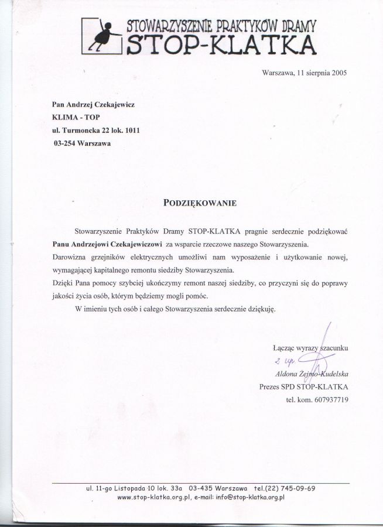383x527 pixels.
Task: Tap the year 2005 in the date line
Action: [337, 74]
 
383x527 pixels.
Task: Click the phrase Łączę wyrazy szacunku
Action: [310, 348]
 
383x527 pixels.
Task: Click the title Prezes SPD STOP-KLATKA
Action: [303, 386]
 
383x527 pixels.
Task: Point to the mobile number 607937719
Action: [329, 400]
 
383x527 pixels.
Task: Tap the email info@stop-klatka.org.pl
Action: [250, 497]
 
